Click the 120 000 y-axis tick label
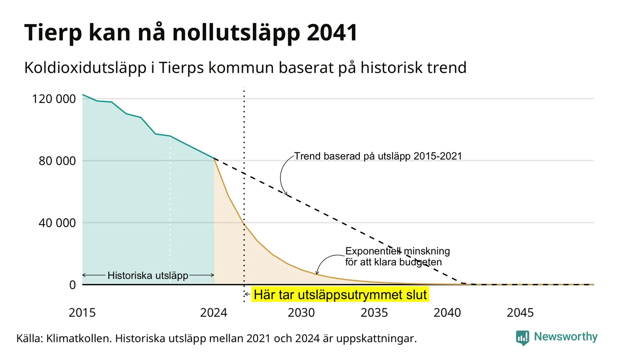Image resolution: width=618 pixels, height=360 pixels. click(x=54, y=99)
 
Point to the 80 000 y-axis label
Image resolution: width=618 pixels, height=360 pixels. click(x=57, y=161)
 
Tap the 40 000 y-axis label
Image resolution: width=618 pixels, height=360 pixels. click(x=57, y=223)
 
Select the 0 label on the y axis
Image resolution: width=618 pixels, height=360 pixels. click(x=72, y=285)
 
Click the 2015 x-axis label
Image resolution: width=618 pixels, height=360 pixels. click(x=82, y=313)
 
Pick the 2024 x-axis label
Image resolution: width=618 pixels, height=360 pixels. click(x=214, y=313)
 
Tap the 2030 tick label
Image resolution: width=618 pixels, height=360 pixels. click(x=301, y=313)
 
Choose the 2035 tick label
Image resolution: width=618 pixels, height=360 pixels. click(x=374, y=313)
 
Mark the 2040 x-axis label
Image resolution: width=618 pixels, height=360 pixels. click(x=447, y=313)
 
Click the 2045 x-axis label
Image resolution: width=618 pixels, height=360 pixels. click(x=520, y=313)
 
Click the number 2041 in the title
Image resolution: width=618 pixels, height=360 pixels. click(x=332, y=33)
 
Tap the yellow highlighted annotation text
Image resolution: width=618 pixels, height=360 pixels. click(x=340, y=294)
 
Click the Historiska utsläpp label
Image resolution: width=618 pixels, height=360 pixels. click(x=148, y=275)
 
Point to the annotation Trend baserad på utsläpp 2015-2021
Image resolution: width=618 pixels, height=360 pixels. click(x=378, y=156)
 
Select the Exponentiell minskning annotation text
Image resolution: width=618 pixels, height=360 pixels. click(x=398, y=257)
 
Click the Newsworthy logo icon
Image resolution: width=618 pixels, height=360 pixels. click(x=523, y=338)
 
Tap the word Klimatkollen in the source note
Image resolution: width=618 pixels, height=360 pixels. click(x=78, y=338)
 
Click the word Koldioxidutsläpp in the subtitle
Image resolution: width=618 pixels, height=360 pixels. click(x=85, y=68)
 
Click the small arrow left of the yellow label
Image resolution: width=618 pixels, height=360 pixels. click(x=248, y=294)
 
